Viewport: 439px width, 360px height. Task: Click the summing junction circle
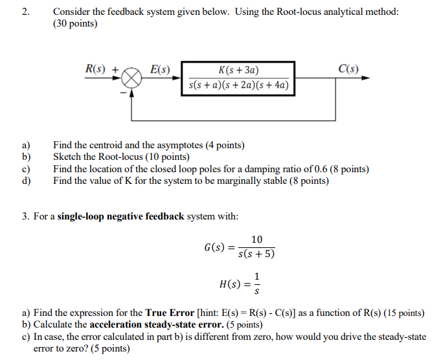132,78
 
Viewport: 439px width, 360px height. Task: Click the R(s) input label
98,69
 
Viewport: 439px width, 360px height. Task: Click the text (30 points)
75,24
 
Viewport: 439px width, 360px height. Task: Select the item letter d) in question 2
26,181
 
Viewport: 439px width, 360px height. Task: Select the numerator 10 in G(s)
257,240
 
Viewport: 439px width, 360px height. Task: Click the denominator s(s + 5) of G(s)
256,254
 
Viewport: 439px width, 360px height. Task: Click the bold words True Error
170,313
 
